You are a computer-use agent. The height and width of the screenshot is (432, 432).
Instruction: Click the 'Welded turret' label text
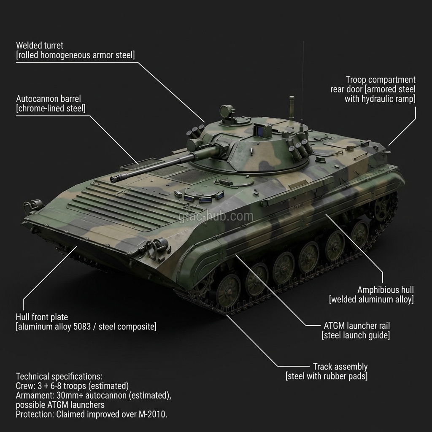click(x=40, y=45)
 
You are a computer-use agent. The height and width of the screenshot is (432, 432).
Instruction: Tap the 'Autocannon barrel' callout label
click(x=48, y=99)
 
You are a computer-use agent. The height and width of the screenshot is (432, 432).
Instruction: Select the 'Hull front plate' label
click(x=42, y=317)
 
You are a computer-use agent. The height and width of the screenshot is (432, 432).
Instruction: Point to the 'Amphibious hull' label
click(x=385, y=290)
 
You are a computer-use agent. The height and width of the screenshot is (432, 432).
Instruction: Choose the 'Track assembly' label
click(x=340, y=367)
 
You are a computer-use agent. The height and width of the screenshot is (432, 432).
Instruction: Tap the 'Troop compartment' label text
click(x=381, y=80)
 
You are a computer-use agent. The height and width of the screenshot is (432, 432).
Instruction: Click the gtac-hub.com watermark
click(x=216, y=216)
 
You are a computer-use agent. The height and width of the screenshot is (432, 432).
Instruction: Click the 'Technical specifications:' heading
click(x=59, y=376)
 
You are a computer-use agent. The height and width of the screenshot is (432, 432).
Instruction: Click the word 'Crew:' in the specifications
click(x=25, y=386)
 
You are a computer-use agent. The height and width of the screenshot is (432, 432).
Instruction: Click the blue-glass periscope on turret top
click(x=259, y=131)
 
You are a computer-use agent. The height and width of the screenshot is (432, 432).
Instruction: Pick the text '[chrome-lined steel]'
click(x=51, y=108)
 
